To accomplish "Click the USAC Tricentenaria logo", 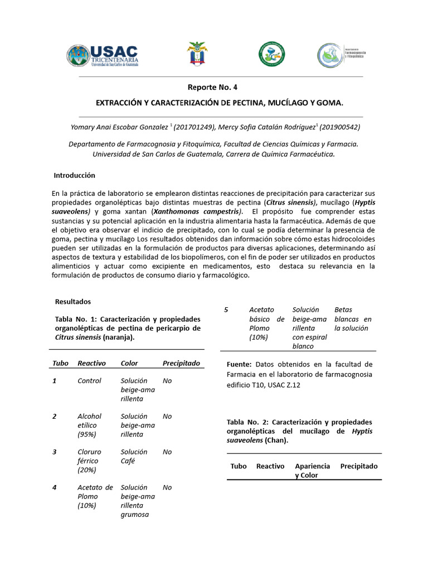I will pos(103,55).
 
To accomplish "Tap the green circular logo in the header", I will pos(271,54).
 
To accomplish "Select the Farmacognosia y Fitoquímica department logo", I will pos(338,55).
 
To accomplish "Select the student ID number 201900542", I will pos(339,127).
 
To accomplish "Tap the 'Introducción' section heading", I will pos(75,175).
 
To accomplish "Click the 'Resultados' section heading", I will pos(72,301).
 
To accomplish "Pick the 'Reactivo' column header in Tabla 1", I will pos(91,363).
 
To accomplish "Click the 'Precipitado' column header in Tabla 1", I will pos(181,363).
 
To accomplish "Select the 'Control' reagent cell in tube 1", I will pos(89,381).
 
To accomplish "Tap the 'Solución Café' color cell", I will pos(134,456).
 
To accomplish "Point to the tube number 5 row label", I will pos(226,309).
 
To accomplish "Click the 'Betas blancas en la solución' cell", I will pos(352,319).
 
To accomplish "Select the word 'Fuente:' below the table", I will pos(239,364).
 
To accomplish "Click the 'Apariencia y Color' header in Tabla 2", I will pos(312,470).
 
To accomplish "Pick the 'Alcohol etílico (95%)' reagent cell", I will pos(91,425).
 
